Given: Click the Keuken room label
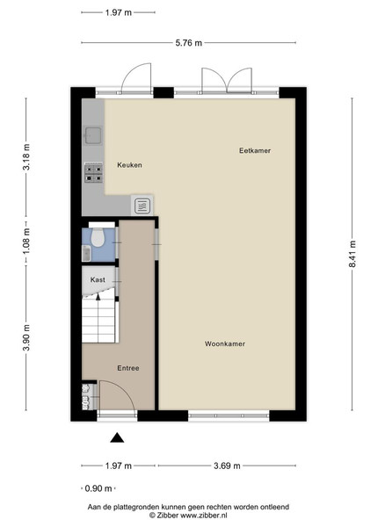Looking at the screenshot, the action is click(129, 165).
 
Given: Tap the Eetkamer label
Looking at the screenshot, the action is click(255, 150).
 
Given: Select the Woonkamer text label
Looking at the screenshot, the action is click(225, 343).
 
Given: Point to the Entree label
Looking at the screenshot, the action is click(128, 368).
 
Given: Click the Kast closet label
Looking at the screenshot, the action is click(98, 279).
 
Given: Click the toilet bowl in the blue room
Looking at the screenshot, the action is click(98, 237).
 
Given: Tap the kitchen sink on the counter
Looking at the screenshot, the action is click(93, 135).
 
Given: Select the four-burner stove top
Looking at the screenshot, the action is click(93, 173).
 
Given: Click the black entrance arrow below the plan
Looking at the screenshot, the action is click(117, 437).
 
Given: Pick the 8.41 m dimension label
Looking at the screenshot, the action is click(353, 254).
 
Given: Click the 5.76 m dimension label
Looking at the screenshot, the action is click(189, 43).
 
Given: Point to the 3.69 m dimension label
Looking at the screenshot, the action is click(227, 466).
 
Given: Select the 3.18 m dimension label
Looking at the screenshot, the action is click(26, 157).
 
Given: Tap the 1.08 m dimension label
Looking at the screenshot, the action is click(26, 241).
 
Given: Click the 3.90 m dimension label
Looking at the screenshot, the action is click(26, 337).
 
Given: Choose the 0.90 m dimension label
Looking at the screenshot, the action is click(98, 488).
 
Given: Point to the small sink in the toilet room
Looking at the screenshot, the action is click(86, 253).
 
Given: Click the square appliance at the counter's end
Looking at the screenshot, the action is click(142, 206).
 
